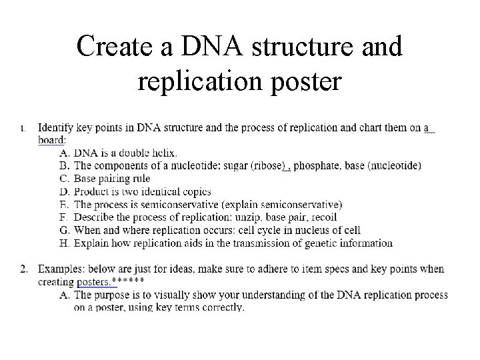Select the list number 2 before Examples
23,269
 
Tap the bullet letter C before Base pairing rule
65,179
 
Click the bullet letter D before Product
65,191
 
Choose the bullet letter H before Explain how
65,243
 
